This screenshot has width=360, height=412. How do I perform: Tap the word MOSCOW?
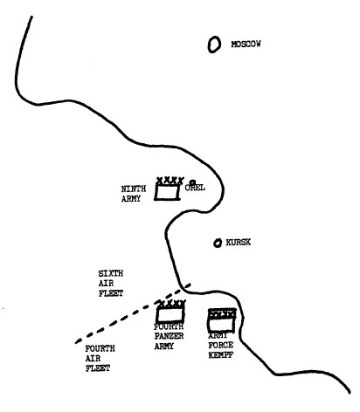tap(246, 45)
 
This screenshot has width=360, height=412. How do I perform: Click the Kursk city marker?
tap(218, 243)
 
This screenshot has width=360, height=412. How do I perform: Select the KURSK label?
tap(239, 243)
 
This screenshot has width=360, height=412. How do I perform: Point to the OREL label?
tap(195, 188)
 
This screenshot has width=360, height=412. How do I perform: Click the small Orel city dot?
tap(192, 182)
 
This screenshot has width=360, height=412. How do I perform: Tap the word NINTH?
tap(134, 189)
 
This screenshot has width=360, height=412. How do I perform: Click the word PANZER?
tap(169, 336)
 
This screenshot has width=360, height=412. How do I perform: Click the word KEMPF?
tap(220, 355)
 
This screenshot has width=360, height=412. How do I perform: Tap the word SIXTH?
tap(111, 273)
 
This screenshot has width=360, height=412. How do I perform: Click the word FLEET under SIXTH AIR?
tap(111, 293)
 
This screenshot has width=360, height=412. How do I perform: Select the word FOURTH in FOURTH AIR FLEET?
tap(100, 348)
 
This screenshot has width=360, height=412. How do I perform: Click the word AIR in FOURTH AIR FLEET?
tap(93, 359)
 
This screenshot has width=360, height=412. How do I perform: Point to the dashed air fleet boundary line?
tap(133, 313)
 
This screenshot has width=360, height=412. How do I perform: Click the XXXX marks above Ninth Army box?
tap(170, 181)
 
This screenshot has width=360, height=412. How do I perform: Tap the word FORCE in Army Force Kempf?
tap(221, 345)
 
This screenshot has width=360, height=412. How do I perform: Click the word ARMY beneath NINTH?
tap(131, 199)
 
